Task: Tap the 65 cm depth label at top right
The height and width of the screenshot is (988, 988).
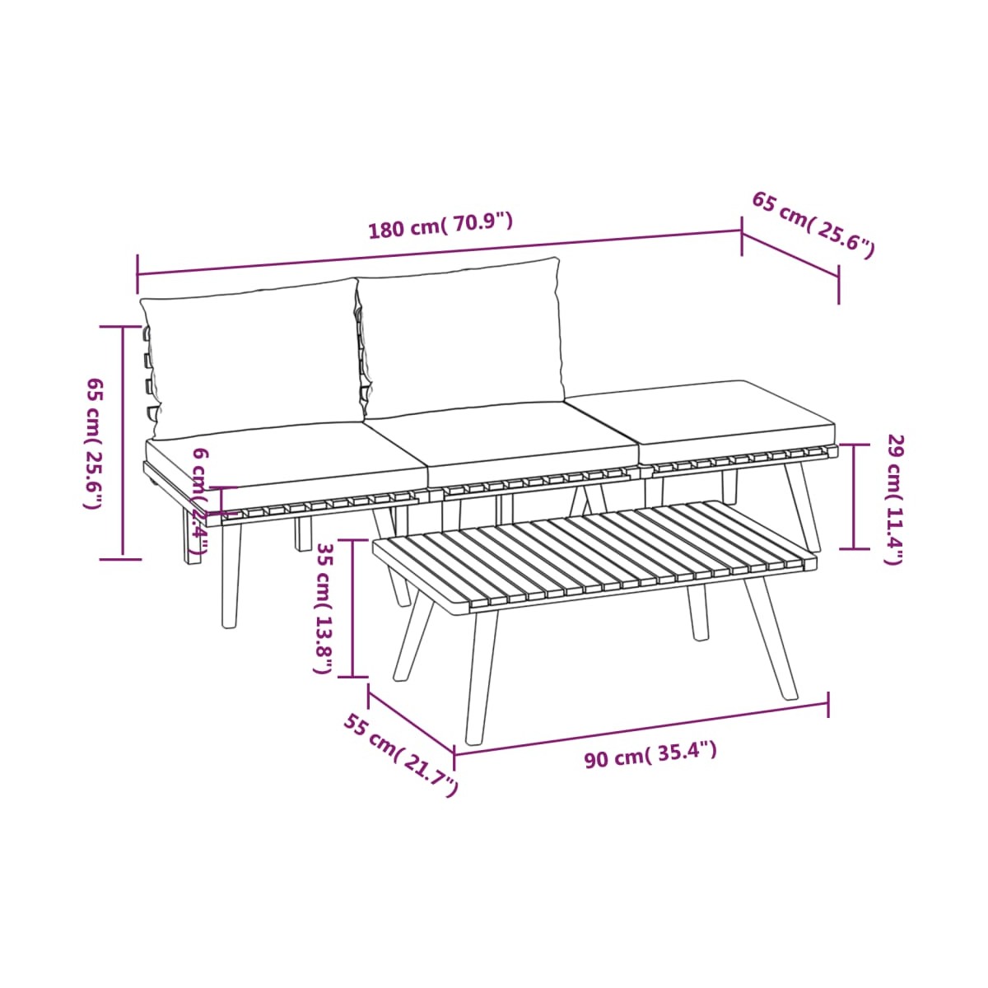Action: [813, 225]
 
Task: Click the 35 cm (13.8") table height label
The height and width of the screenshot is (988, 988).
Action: [324, 608]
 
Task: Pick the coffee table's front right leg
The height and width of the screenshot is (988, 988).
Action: [771, 636]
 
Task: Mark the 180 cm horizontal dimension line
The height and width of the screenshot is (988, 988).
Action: [439, 254]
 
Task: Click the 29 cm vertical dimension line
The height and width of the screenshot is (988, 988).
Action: [854, 497]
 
